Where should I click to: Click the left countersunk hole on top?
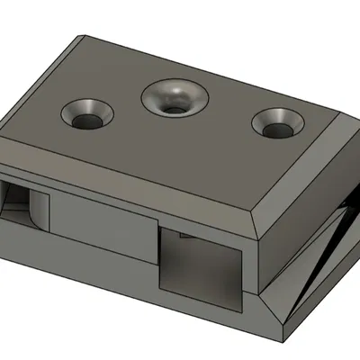coord(86,114)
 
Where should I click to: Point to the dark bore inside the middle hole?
coord(175,103)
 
